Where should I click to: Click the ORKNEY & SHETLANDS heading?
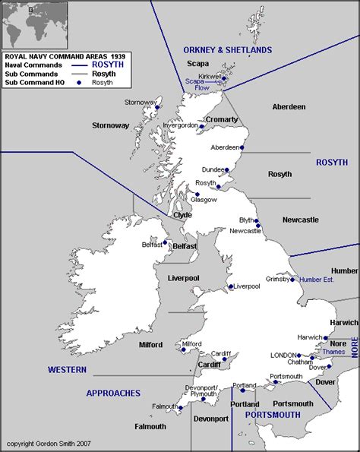click(x=227, y=50)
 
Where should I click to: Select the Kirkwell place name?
click(x=210, y=77)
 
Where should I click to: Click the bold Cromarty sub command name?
click(x=221, y=120)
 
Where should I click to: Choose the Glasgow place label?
click(x=204, y=200)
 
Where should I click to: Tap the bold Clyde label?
click(x=182, y=215)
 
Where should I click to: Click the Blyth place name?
click(x=248, y=220)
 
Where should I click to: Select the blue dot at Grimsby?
click(x=293, y=280)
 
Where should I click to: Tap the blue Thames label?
click(x=333, y=352)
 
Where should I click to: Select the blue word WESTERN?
click(x=67, y=370)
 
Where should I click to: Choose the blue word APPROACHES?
click(x=113, y=393)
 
